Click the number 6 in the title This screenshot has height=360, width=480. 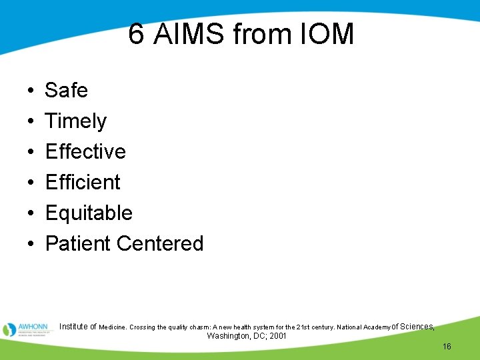tap(136, 34)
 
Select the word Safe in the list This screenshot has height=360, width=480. tap(66, 90)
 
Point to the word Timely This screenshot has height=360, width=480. tap(75, 121)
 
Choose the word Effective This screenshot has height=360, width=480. tap(85, 151)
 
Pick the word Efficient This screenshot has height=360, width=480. tap(83, 182)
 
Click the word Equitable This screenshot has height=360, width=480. tap(89, 213)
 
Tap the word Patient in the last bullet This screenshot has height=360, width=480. tap(78, 243)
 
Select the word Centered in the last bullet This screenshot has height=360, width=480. tap(160, 243)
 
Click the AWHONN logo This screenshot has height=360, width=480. tap(26, 329)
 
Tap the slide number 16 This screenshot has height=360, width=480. tap(447, 347)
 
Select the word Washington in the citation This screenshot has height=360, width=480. tap(229, 336)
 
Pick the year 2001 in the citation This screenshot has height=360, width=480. tap(277, 336)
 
